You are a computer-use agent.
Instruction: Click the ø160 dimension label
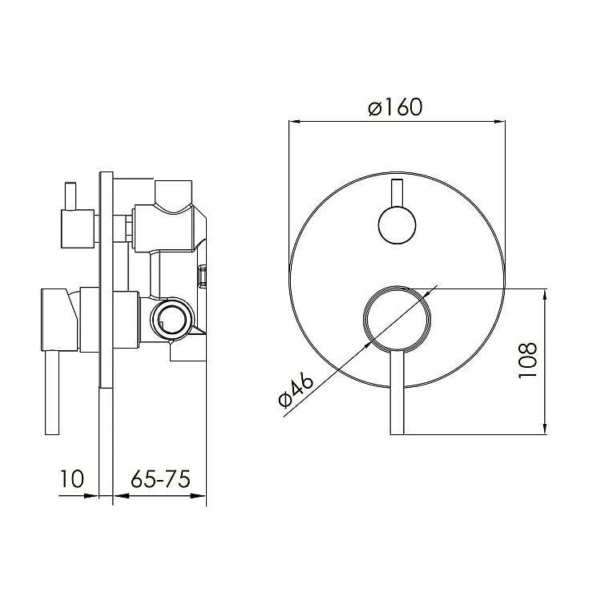click(395, 107)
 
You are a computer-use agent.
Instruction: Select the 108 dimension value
click(528, 361)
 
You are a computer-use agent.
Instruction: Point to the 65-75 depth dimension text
click(160, 478)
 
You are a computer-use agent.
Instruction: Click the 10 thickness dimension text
click(72, 478)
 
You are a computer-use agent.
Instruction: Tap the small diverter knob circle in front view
click(397, 225)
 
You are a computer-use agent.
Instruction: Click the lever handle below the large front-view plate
click(397, 392)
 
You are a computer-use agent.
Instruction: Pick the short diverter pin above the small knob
click(397, 193)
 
